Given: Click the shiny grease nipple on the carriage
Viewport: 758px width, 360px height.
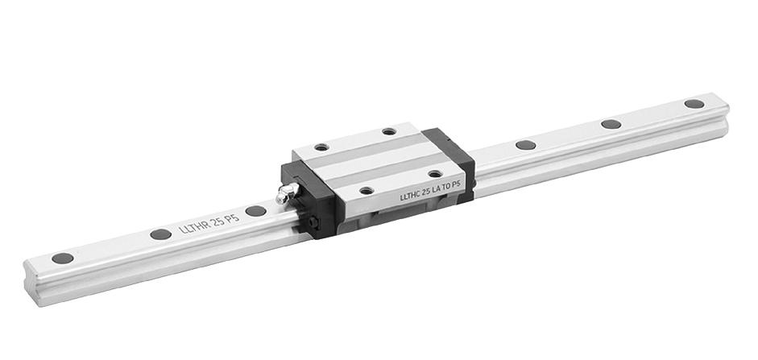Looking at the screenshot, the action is coord(287,192).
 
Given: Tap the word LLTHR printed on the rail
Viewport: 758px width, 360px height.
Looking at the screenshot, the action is coord(196,226).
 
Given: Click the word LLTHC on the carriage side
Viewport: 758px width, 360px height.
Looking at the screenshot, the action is coord(410,196).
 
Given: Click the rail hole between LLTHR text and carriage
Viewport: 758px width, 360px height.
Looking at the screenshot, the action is coord(255,211).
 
